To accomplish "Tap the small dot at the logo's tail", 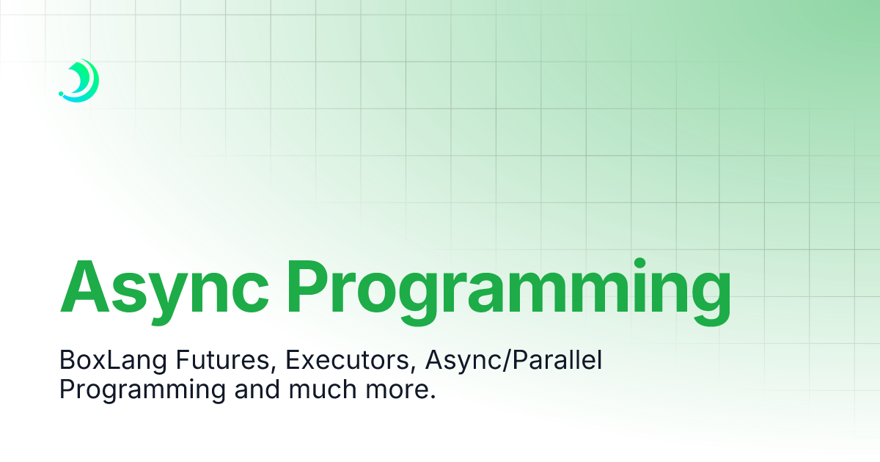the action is [x=61, y=94].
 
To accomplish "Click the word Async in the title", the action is [x=164, y=293].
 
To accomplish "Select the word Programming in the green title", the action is [x=509, y=293].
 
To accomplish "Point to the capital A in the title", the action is [x=84, y=286].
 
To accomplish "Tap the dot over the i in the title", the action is [x=640, y=263].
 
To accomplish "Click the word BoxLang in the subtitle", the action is [x=114, y=360].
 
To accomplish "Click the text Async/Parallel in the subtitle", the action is [x=513, y=360].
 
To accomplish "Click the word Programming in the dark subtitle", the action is [x=142, y=390].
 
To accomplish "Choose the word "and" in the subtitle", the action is [x=257, y=389].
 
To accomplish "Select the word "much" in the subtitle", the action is [x=323, y=389].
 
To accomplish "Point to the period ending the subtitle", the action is [x=433, y=397].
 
